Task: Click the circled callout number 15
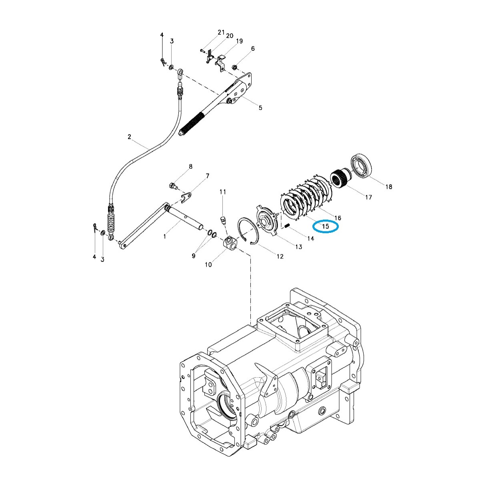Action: [326, 226]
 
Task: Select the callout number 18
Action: [388, 186]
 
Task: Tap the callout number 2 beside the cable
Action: [129, 137]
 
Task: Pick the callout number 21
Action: [221, 32]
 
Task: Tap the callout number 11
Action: [223, 192]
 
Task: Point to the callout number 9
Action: [194, 256]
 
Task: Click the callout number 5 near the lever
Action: [260, 108]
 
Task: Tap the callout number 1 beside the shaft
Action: [164, 237]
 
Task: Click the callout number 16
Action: [338, 218]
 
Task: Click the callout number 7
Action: [207, 176]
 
